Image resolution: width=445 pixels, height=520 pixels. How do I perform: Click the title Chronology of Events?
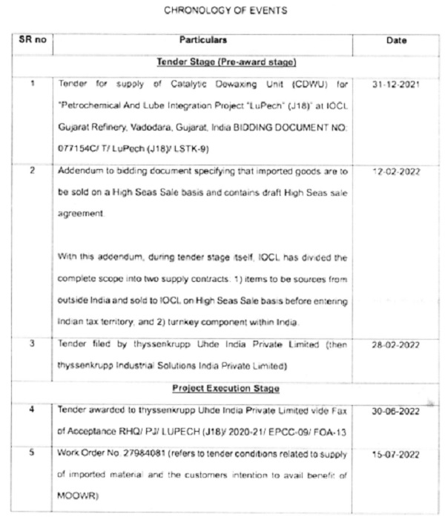223,10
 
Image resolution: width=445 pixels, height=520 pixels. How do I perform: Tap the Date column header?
397,41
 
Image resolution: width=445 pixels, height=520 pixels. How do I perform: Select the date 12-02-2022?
397,171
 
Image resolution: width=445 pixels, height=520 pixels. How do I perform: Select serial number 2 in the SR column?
32,171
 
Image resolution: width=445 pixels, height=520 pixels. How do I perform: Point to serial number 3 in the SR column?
32,344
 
